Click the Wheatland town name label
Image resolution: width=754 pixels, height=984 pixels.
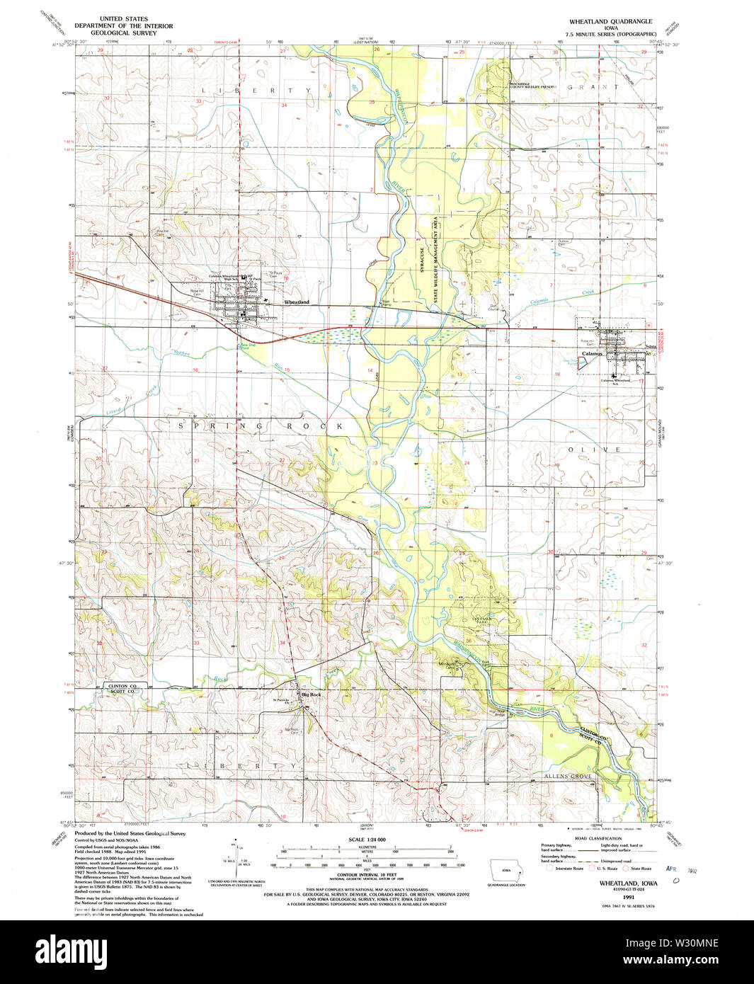tap(297, 302)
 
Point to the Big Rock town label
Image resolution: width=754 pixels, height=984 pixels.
tap(312, 694)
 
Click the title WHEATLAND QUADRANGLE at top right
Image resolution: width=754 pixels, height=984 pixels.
tap(610, 22)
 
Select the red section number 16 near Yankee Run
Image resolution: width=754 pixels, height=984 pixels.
tap(195, 370)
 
